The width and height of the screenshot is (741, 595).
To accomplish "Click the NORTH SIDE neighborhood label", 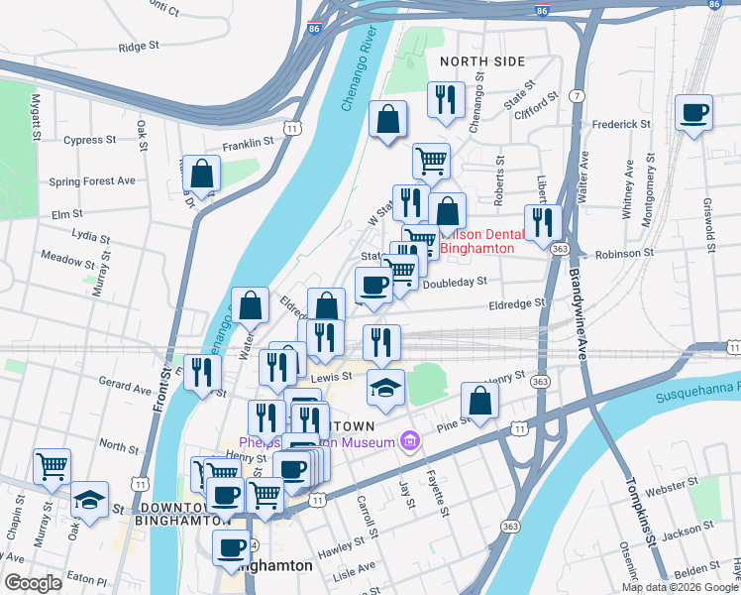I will click(x=481, y=61).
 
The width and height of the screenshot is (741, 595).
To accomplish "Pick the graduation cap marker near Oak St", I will click(x=90, y=500).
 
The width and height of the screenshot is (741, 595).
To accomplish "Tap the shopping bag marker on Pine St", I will click(x=479, y=402).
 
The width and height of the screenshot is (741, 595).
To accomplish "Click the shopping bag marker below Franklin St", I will click(x=201, y=175).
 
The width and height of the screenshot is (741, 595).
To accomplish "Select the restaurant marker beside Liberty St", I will click(x=542, y=222).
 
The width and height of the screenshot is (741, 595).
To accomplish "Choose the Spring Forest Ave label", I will click(x=92, y=182).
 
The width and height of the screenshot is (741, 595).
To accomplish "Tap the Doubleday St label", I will click(x=454, y=282).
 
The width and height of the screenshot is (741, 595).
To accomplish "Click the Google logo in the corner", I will click(x=33, y=582).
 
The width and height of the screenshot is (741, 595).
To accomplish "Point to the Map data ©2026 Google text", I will click(x=678, y=586).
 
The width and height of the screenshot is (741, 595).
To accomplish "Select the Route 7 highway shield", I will click(x=576, y=95).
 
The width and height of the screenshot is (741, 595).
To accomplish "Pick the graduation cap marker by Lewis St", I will click(x=385, y=388).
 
